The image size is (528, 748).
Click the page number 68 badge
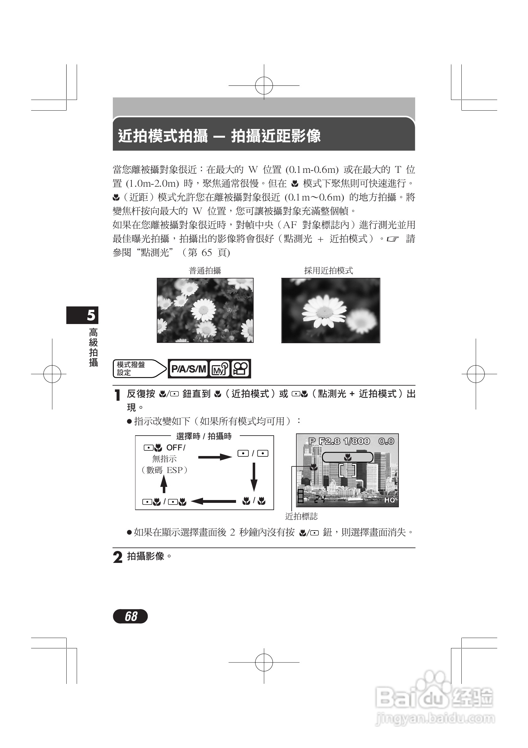tap(130, 616)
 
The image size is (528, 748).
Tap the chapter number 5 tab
tap(82, 315)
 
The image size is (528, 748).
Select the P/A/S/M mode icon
tap(188, 369)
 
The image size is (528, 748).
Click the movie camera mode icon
tap(240, 369)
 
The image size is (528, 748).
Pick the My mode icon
tap(219, 369)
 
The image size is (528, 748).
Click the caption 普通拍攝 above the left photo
tap(205, 270)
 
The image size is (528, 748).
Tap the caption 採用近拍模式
tap(328, 270)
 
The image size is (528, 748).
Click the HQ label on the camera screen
tap(390, 500)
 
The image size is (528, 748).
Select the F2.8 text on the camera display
tap(329, 441)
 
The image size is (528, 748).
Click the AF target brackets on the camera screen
tap(348, 470)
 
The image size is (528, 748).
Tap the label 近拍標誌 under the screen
tap(301, 516)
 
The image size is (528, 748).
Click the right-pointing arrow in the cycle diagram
tap(215, 457)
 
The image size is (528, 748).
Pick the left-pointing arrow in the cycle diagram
tap(213, 501)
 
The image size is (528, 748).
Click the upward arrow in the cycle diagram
tap(164, 484)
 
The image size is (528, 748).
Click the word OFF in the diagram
tap(174, 448)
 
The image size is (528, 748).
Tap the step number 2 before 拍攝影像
tap(118, 557)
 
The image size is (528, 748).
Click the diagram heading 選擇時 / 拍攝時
tap(204, 436)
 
